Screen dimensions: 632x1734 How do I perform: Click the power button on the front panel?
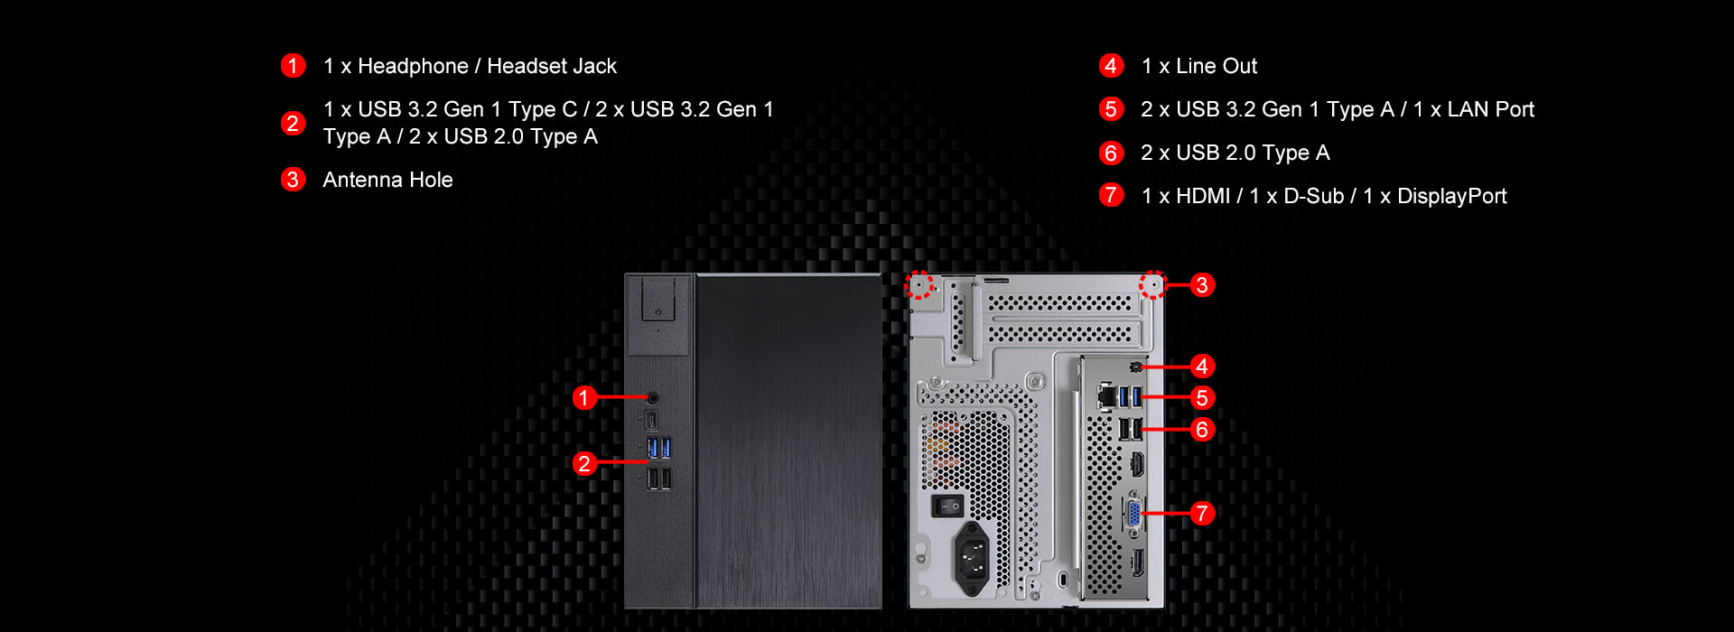point(657,311)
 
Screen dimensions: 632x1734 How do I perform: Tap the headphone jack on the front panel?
point(653,397)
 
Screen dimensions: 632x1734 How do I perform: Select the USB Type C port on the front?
point(651,421)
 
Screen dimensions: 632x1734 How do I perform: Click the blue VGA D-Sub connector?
point(1133,513)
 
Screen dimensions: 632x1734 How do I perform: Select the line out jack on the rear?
point(1135,367)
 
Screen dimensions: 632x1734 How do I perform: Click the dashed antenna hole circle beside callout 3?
point(1152,285)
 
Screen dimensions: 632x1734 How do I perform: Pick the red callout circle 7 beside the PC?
point(1201,514)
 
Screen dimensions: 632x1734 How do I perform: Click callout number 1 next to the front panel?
point(584,397)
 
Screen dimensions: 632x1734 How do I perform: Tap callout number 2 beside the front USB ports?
point(584,463)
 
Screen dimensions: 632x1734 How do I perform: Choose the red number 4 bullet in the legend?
point(1111,66)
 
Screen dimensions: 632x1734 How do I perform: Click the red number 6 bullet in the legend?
point(1111,153)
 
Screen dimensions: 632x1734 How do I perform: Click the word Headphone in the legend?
point(413,66)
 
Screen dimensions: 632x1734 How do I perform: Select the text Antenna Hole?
point(387,180)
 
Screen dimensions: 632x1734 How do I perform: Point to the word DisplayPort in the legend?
point(1451,196)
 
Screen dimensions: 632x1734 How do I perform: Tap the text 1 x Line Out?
point(1198,66)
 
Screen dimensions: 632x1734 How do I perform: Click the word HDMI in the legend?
point(1203,196)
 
